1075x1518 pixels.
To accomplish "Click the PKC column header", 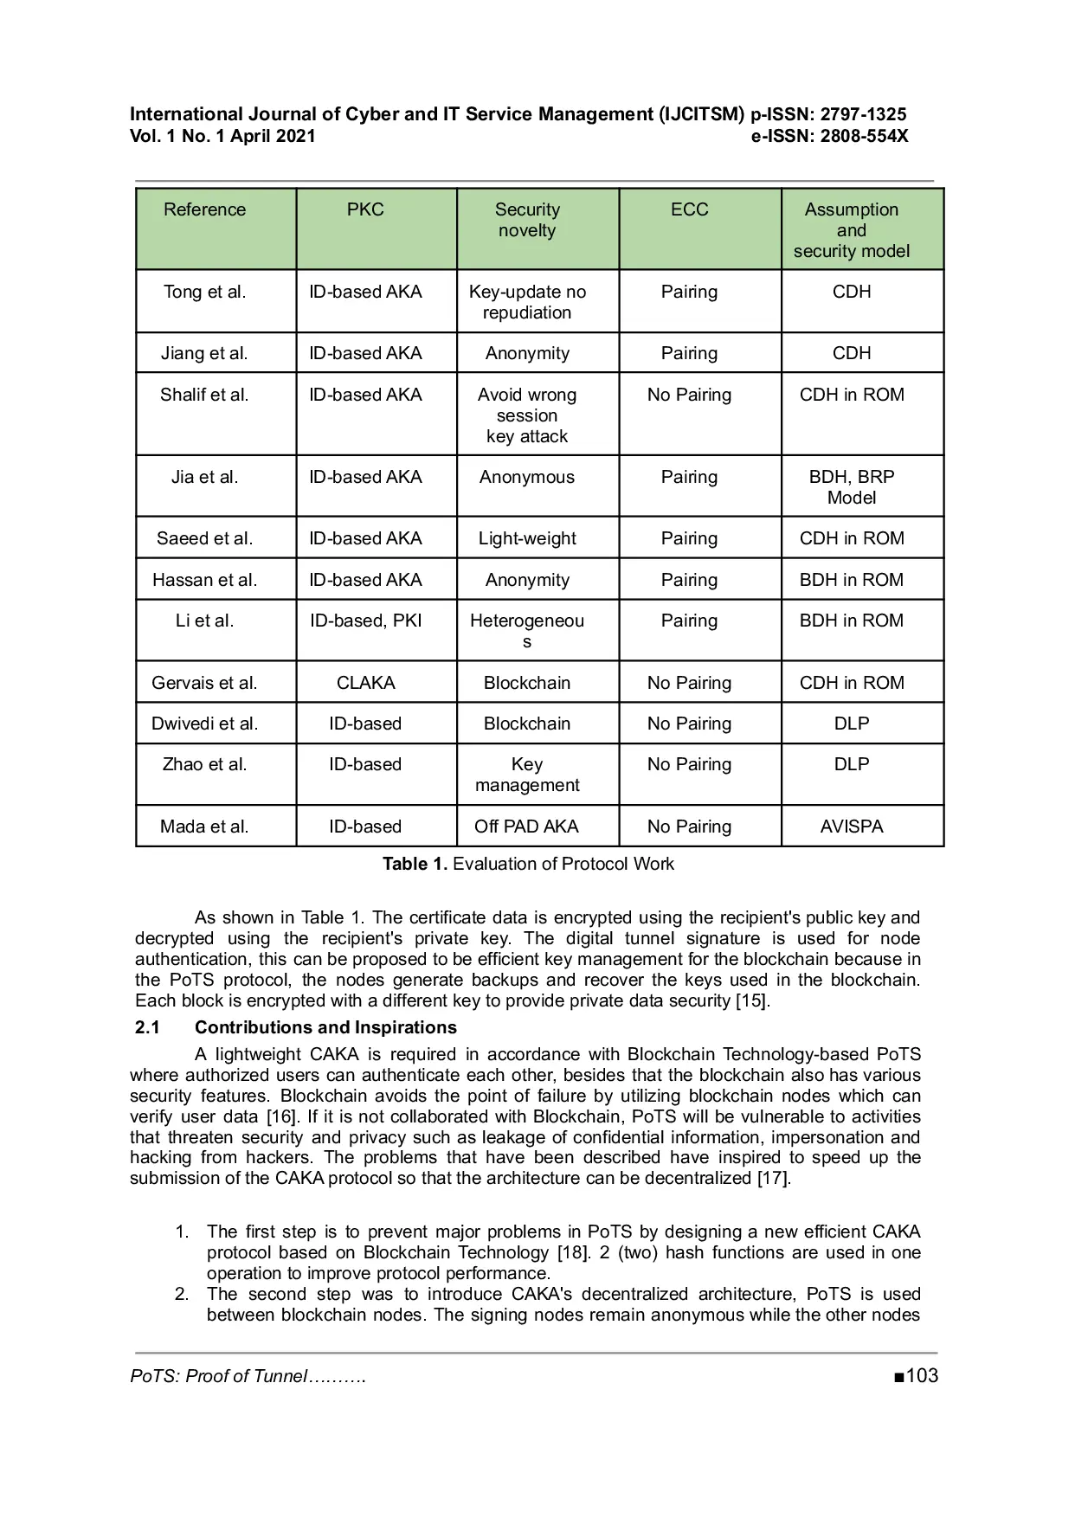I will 365,210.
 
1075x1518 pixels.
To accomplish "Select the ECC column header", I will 689,210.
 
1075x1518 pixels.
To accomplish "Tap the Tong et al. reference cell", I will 204,293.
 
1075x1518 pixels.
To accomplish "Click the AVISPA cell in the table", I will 852,827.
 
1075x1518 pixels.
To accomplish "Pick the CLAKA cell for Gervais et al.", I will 365,683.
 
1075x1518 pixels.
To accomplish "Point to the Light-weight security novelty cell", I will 526,538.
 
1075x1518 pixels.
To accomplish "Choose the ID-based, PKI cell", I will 365,621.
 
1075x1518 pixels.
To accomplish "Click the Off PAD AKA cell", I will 526,827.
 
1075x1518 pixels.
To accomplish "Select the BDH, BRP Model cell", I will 852,487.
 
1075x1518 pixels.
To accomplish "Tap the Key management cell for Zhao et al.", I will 526,775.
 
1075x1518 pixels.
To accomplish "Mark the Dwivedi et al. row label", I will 204,724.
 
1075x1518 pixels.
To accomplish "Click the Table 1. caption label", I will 415,864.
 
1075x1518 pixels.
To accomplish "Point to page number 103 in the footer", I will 922,1376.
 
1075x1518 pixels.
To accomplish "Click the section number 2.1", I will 147,1027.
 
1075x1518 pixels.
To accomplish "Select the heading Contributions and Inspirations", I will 325,1027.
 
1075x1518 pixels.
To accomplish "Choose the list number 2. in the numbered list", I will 182,1294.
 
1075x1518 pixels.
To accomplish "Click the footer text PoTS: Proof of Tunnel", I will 218,1377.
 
